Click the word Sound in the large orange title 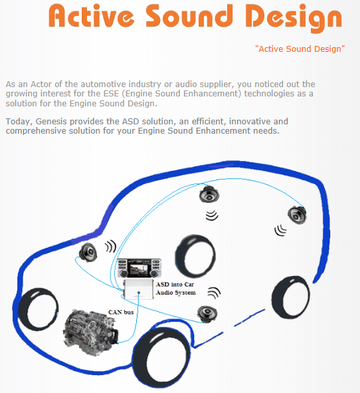coord(189,15)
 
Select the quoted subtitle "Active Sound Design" coord(300,49)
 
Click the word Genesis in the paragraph coord(51,122)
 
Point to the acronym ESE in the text coord(111,94)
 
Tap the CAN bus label coord(121,312)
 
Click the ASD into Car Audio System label coord(176,289)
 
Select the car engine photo coord(90,332)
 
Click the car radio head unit coord(139,268)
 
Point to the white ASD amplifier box coord(138,289)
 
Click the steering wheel coord(195,256)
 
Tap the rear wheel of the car coord(290,297)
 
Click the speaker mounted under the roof coord(209,194)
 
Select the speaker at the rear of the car coord(297,215)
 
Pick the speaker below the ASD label coord(207,314)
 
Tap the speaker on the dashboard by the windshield coord(88,253)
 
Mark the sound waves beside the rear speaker coord(280,230)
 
